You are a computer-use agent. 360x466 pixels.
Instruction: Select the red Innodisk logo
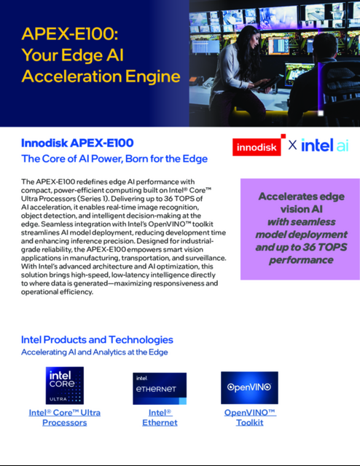(x=257, y=146)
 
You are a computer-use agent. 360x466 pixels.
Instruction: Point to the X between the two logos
(x=292, y=145)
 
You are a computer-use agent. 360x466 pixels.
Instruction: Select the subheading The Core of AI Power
(x=114, y=159)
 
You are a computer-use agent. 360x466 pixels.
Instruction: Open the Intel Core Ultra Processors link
(x=65, y=417)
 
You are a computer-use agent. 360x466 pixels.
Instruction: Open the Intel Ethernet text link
(x=160, y=417)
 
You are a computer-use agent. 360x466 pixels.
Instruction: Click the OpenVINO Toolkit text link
(x=249, y=417)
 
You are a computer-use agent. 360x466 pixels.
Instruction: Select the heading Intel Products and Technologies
(x=98, y=339)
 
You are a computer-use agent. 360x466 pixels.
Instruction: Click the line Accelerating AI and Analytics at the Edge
(x=95, y=352)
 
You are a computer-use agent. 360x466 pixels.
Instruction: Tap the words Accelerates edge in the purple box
(x=300, y=197)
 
